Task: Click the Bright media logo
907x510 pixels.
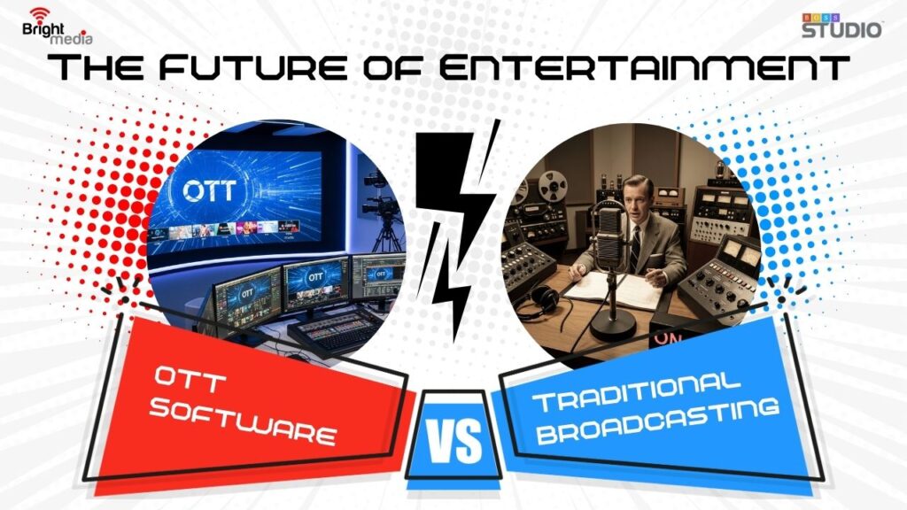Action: tap(57, 27)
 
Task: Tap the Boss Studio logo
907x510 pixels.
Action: tap(841, 26)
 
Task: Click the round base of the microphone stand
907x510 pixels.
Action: tap(613, 328)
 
